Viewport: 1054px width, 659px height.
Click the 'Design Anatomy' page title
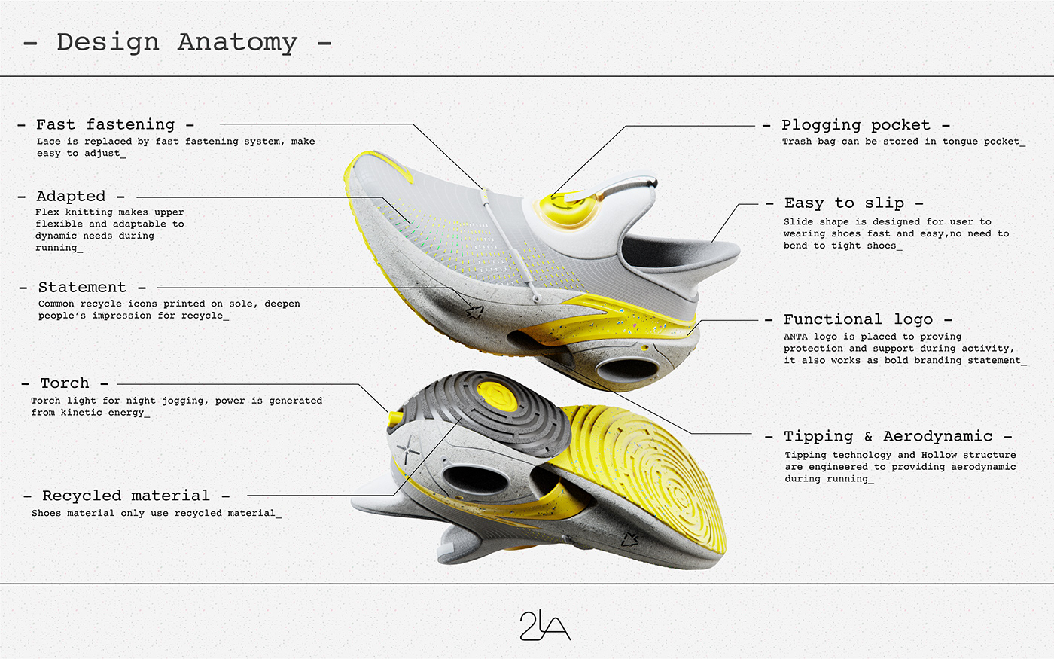click(x=177, y=42)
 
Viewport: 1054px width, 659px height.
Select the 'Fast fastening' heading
click(x=105, y=124)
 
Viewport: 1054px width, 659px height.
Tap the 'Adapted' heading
click(x=71, y=197)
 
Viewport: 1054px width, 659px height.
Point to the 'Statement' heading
click(x=82, y=288)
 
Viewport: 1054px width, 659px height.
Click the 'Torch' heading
click(x=65, y=383)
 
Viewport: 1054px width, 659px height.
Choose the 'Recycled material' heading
click(x=126, y=496)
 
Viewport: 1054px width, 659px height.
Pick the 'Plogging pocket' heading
click(x=855, y=125)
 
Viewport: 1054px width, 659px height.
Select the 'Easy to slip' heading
click(x=844, y=203)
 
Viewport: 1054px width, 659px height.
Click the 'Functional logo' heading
click(x=858, y=319)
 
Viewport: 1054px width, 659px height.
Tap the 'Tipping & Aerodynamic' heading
click(x=888, y=436)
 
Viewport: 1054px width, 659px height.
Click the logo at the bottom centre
click(x=545, y=625)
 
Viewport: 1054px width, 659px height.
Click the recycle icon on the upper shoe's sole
click(x=474, y=311)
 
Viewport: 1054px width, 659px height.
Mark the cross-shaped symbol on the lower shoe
click(x=407, y=452)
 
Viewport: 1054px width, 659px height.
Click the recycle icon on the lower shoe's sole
click(x=630, y=538)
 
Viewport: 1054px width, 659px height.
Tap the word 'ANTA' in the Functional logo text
click(x=796, y=337)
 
